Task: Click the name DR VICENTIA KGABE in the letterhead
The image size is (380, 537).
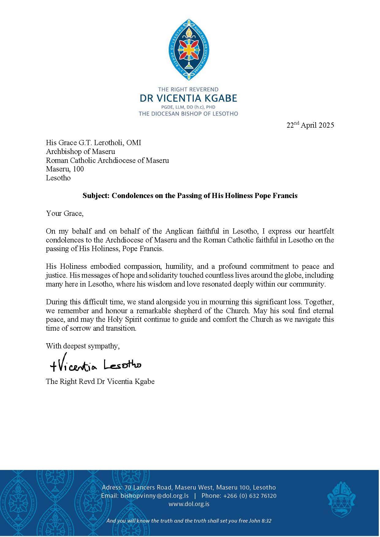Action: pos(188,98)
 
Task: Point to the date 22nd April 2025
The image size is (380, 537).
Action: pos(310,125)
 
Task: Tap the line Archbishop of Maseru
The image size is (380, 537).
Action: pos(81,152)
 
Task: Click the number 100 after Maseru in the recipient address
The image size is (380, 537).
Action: pos(79,169)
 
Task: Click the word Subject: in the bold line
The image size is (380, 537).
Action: pos(96,196)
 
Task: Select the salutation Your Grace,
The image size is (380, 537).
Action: pos(65,213)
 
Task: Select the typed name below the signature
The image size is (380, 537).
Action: pos(100,381)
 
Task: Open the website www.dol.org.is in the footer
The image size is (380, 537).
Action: pos(189,504)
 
